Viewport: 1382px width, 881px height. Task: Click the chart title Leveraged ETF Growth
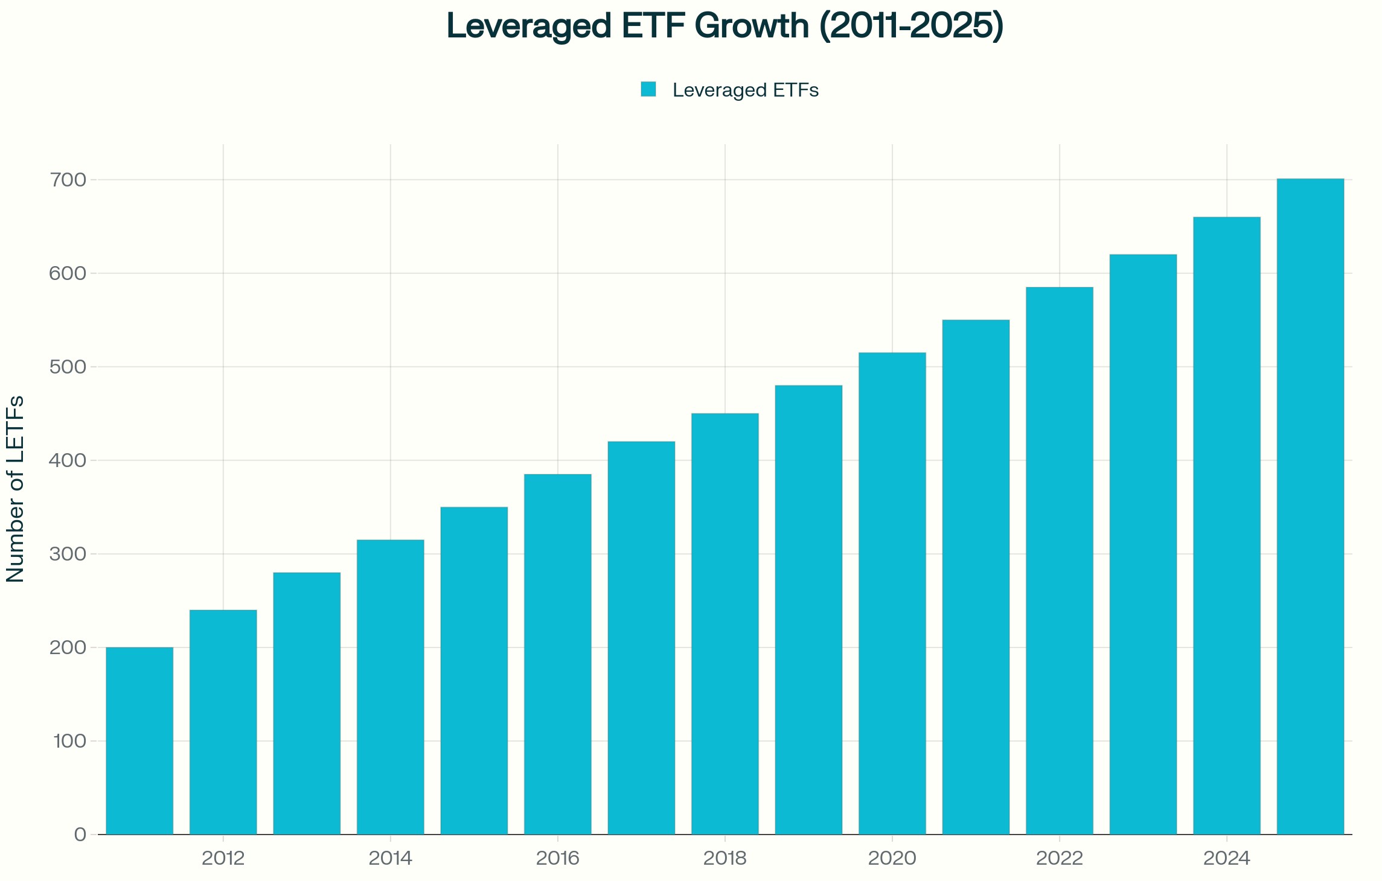[725, 27]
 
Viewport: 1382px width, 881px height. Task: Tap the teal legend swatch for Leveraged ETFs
[648, 89]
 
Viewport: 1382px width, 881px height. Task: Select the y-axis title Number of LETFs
[15, 489]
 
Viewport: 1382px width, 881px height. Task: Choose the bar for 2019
[808, 609]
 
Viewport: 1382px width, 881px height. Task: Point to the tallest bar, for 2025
[1310, 507]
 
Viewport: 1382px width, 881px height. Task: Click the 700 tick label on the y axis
[68, 180]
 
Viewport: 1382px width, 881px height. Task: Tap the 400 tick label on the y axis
[68, 460]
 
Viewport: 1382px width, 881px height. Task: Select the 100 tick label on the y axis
[69, 741]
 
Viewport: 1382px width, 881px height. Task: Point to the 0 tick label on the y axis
[80, 835]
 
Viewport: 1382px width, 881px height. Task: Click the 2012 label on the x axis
[223, 858]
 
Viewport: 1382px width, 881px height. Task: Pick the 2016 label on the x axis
[558, 858]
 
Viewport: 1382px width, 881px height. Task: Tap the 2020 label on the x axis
[892, 858]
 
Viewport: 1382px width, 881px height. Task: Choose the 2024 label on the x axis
[1227, 858]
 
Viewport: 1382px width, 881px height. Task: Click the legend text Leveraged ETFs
[745, 90]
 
